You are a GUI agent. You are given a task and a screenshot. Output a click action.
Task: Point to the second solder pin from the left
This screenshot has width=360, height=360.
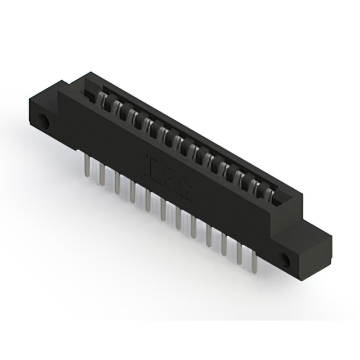pos(102,174)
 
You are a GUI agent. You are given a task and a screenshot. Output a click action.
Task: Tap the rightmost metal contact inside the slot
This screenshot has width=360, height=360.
pos(271,195)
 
